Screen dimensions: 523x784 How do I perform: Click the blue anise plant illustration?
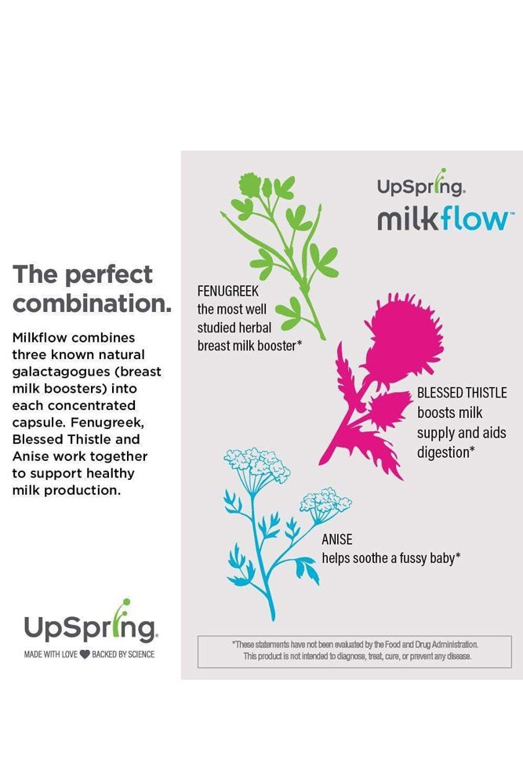(273, 530)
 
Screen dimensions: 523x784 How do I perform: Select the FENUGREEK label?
(228, 291)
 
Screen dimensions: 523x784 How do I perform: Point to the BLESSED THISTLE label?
(462, 393)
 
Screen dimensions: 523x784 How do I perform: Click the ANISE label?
(337, 539)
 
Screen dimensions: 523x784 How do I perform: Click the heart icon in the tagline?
(85, 655)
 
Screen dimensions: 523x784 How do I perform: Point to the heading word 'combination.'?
(92, 303)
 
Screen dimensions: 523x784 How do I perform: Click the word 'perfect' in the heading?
(109, 274)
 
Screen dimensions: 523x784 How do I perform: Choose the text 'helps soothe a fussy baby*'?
(391, 558)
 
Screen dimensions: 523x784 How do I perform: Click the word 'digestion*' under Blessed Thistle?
(446, 452)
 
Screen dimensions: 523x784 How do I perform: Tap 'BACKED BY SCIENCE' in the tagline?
(123, 655)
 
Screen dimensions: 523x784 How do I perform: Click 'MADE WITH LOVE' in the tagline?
(50, 655)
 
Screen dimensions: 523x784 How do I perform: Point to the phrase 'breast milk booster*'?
(249, 346)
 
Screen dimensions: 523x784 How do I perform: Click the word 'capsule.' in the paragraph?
(39, 423)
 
